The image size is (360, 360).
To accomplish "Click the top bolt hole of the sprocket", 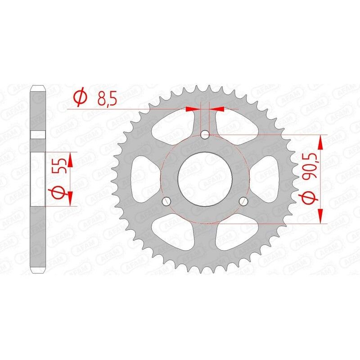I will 205,134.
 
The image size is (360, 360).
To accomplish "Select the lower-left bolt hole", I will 166,201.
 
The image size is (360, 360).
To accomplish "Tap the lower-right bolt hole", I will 243,201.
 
